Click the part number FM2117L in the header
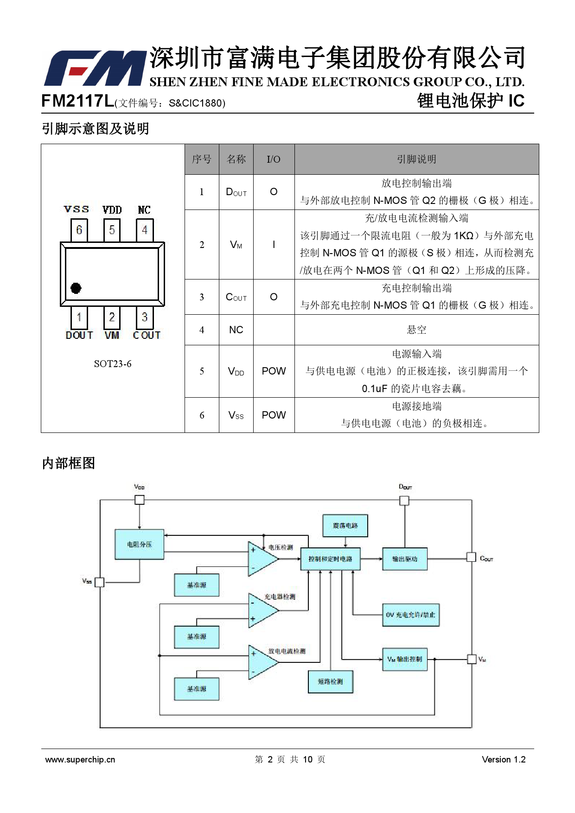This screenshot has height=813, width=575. [x=77, y=101]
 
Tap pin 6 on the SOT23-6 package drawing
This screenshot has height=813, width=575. [x=79, y=230]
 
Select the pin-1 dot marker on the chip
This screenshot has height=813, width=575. [x=76, y=288]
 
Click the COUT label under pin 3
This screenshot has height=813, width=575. [x=147, y=335]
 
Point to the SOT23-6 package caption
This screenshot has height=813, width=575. [x=113, y=364]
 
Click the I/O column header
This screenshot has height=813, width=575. [x=274, y=159]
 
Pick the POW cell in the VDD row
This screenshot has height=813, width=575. [x=274, y=371]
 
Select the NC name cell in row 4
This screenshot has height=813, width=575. [x=236, y=330]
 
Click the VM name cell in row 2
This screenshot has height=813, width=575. [x=236, y=245]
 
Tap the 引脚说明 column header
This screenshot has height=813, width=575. [x=416, y=159]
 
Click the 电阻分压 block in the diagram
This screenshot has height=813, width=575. [x=139, y=545]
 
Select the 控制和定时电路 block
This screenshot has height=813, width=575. [x=330, y=559]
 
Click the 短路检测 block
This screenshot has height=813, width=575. [x=330, y=682]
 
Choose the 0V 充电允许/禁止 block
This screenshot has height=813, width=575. [x=410, y=615]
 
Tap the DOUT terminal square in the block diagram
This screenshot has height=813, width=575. [x=404, y=501]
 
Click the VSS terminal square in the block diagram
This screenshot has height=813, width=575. [x=100, y=582]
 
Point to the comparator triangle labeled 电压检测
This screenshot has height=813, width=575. [x=262, y=559]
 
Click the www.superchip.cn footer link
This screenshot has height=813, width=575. [x=80, y=760]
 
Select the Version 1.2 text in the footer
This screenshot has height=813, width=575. [x=504, y=760]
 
